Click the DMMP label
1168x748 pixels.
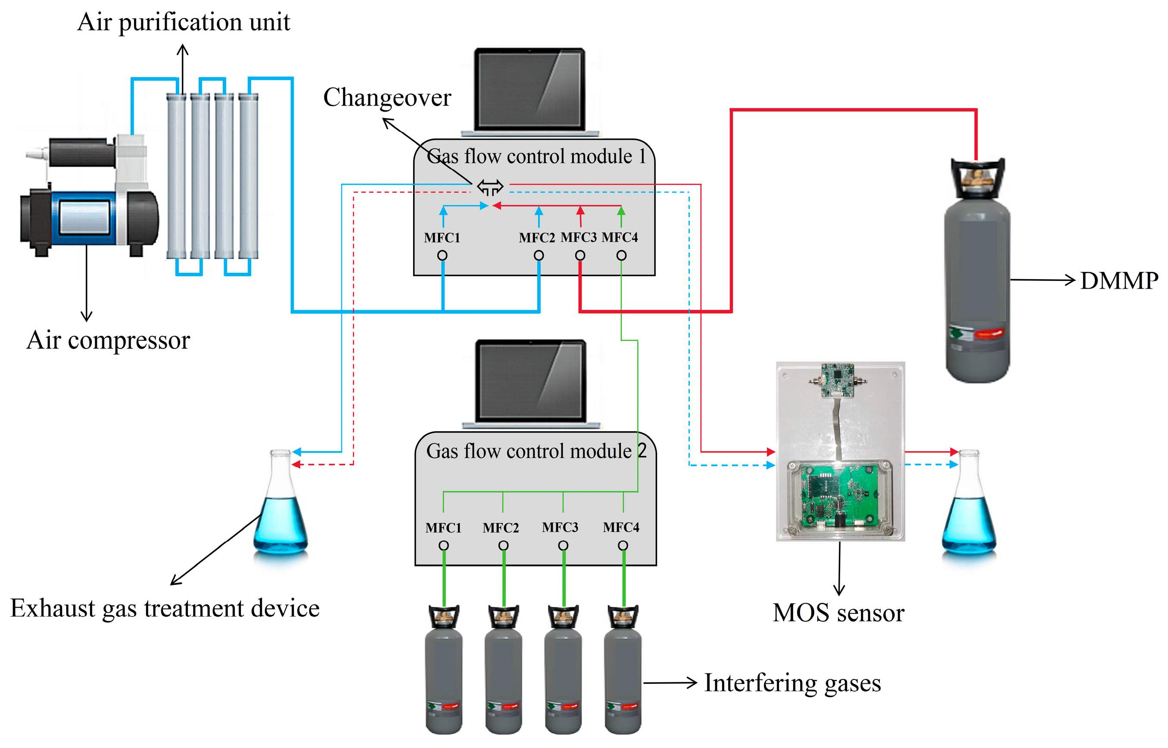1118,281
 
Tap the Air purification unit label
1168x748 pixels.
184,22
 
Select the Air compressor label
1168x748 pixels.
108,340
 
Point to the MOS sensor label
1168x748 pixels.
838,613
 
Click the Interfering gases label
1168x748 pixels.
792,683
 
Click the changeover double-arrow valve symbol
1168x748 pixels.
489,187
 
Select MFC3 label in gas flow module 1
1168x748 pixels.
579,237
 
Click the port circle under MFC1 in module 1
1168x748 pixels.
442,256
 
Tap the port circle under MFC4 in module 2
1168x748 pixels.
623,546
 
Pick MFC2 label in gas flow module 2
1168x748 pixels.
501,528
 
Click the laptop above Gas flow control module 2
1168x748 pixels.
530,384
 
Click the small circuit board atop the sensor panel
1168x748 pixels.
837,380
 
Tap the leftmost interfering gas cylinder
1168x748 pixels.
443,669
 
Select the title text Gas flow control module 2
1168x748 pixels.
536,451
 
